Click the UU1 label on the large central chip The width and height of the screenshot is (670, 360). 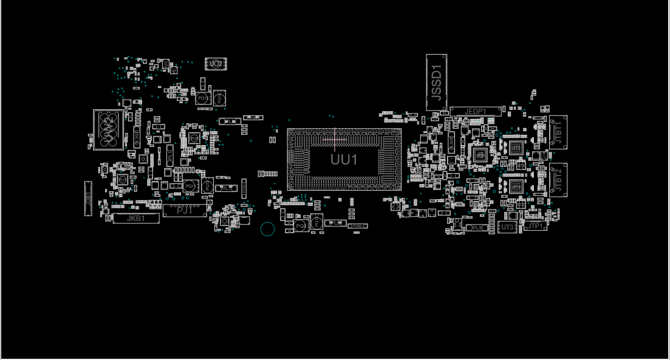(x=344, y=160)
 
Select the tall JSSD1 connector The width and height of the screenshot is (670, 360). (x=436, y=83)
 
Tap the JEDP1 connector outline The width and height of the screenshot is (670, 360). (x=475, y=112)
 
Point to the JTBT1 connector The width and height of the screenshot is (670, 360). (x=557, y=132)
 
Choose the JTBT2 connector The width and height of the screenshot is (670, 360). (x=557, y=179)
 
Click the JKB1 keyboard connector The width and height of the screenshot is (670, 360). (x=136, y=219)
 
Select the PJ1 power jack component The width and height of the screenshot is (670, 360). (x=185, y=211)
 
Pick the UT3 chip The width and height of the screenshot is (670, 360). (x=508, y=227)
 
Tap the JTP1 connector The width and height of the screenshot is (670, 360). (x=535, y=226)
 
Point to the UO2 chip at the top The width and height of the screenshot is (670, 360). (x=214, y=63)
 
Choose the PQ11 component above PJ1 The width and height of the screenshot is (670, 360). (x=190, y=185)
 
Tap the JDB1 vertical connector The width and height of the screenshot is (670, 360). (x=87, y=199)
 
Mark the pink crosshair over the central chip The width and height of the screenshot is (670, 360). (x=334, y=140)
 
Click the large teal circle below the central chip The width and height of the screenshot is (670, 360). (x=267, y=229)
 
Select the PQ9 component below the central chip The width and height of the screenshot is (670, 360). (x=299, y=225)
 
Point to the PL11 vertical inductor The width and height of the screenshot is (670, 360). (x=171, y=155)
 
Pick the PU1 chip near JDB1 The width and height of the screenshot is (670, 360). (x=122, y=180)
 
